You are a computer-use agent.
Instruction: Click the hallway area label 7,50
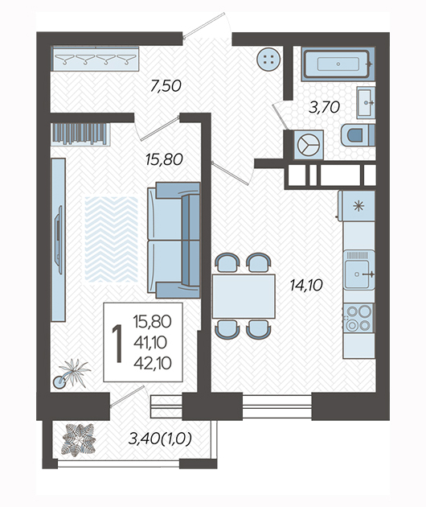tap(166, 86)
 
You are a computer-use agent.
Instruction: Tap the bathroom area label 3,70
tap(324, 107)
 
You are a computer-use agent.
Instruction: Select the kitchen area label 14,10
tap(306, 285)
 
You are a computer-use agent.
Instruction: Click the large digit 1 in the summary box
tap(117, 344)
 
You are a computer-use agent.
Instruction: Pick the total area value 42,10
tap(153, 364)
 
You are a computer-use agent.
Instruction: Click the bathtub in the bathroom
tap(338, 64)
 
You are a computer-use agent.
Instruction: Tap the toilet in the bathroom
tap(358, 135)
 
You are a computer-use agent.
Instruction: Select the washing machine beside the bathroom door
tap(309, 145)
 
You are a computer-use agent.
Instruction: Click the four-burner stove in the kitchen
tap(358, 318)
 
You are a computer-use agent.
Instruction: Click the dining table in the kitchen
tap(244, 296)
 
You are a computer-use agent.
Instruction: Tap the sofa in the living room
tap(174, 240)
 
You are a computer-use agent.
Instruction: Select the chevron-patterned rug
tap(111, 239)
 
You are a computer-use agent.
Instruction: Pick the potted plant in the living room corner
tap(72, 373)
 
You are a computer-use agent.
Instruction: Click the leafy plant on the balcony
tap(79, 440)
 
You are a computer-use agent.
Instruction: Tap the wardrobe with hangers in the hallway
tap(96, 59)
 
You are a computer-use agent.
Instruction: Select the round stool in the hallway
tap(268, 60)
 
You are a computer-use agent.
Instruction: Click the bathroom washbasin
tap(366, 102)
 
